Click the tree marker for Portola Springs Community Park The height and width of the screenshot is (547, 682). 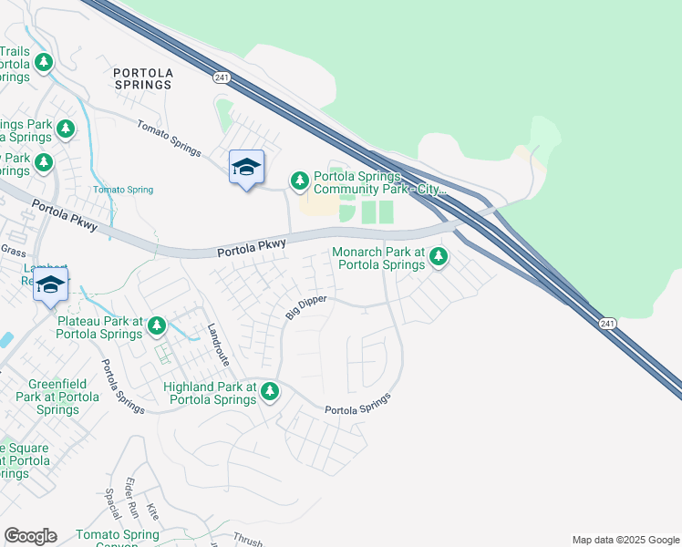(x=300, y=181)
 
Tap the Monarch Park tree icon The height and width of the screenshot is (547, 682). (x=439, y=257)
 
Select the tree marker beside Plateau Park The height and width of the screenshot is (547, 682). (x=157, y=325)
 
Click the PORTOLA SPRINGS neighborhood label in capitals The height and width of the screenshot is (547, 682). (x=142, y=77)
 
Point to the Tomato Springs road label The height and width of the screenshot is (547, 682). (x=169, y=139)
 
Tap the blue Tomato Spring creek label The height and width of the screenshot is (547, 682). (x=123, y=190)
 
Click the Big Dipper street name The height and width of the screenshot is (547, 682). (x=305, y=305)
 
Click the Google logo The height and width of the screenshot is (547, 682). (x=30, y=536)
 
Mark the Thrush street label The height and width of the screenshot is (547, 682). (x=247, y=538)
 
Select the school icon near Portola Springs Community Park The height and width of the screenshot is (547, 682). (x=246, y=167)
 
